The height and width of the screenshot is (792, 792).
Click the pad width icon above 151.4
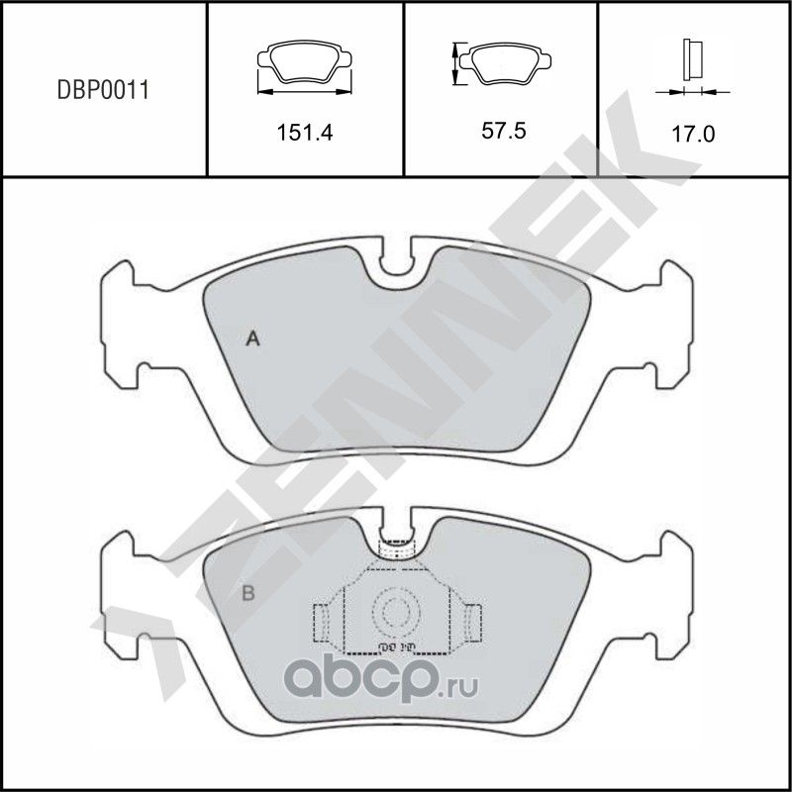pos(305,68)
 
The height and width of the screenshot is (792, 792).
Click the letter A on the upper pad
pos(252,341)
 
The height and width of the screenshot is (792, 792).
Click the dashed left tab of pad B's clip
pos(321,624)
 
